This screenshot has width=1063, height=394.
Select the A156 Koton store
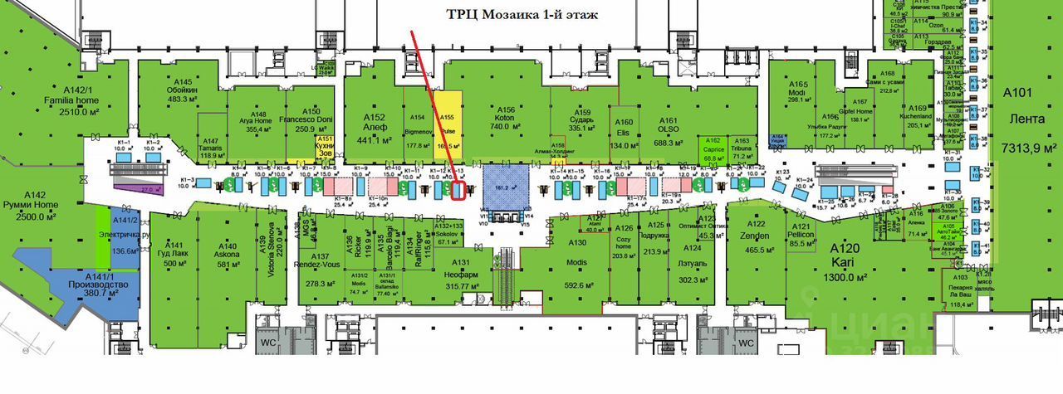click(x=505, y=118)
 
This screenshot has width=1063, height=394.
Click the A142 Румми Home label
click(x=35, y=205)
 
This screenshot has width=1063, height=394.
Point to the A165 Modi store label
click(x=798, y=92)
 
